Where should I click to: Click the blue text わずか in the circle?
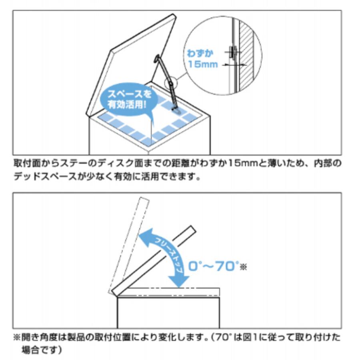tap(200, 53)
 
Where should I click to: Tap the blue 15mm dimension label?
tap(203, 64)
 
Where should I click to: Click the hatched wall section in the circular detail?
tap(247, 56)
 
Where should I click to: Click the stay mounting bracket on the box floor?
tap(176, 111)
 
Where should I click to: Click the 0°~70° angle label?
tap(214, 266)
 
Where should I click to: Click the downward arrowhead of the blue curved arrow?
tap(179, 280)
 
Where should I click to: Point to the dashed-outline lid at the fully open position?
tap(128, 245)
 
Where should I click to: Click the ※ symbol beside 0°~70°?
tap(243, 267)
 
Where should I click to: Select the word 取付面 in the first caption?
tap(27, 163)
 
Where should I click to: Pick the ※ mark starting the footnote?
tap(17, 338)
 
